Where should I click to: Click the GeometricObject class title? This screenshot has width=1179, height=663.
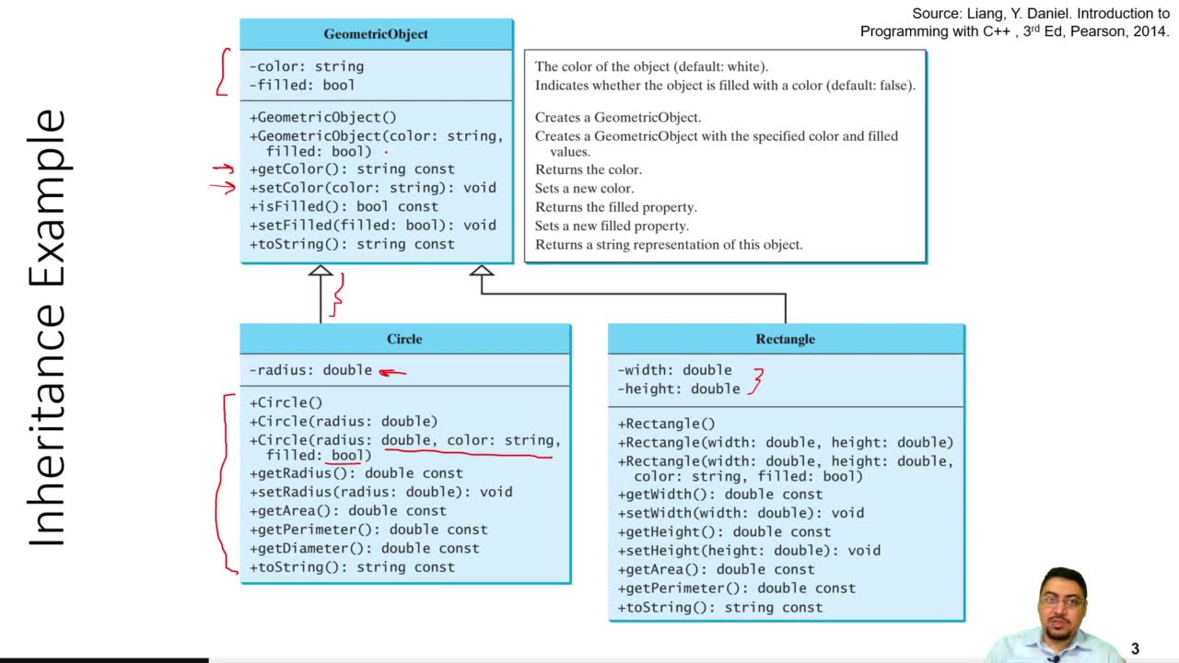pos(376,34)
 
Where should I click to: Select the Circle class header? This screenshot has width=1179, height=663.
pos(404,339)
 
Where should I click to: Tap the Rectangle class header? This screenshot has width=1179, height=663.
pos(785,339)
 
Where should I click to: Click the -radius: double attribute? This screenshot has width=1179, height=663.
pos(311,370)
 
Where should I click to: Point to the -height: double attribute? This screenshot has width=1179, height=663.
pos(679,389)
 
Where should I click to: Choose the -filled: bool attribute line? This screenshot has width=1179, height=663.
pos(302,85)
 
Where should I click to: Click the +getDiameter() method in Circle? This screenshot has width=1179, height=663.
pos(365,548)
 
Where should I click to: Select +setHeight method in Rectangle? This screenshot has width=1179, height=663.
pos(749,551)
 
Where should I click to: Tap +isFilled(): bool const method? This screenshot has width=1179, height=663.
pos(344,206)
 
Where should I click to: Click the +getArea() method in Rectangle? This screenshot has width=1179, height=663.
pos(716,569)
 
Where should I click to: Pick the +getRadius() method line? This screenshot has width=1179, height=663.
pos(356,473)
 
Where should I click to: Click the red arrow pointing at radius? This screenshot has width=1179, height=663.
pos(392,372)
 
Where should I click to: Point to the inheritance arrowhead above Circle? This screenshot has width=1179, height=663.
pos(321,271)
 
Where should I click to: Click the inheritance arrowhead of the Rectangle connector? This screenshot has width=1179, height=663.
pos(481,271)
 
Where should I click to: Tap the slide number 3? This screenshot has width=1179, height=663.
pos(1135,649)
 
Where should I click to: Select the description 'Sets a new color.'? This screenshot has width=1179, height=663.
pos(585,188)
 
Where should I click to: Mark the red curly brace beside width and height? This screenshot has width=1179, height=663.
pos(757,380)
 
